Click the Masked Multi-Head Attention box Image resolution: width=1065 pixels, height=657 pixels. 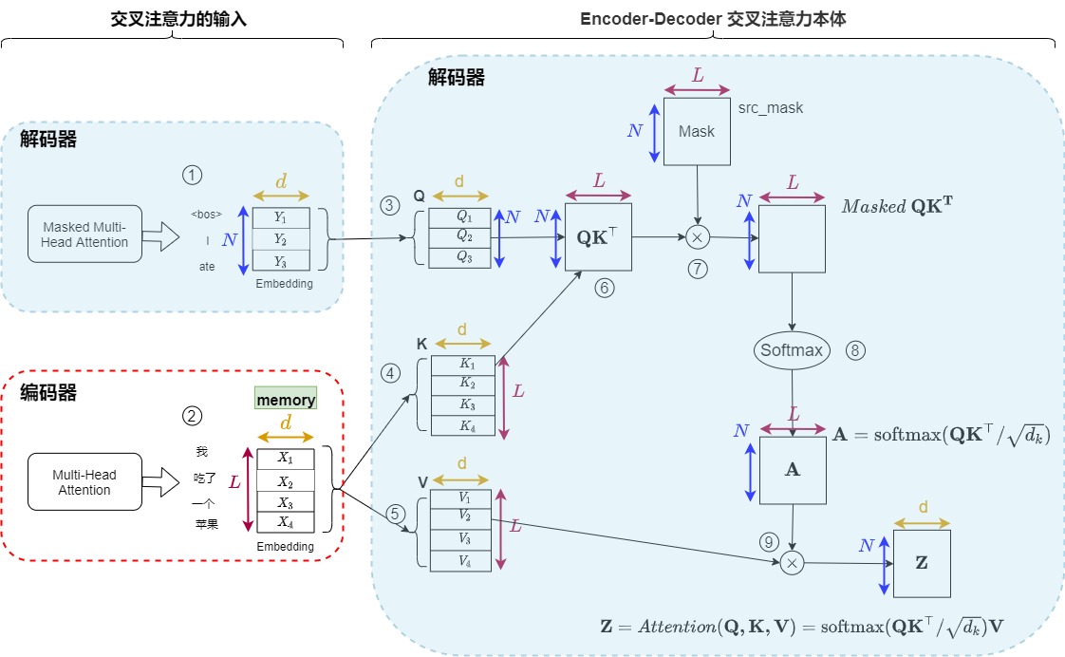click(x=84, y=235)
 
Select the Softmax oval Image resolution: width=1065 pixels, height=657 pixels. click(x=791, y=350)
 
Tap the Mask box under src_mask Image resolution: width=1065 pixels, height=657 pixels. click(x=698, y=132)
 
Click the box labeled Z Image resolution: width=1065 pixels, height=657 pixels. click(x=921, y=563)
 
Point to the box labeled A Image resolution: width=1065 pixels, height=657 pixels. click(x=793, y=469)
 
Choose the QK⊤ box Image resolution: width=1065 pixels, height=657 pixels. click(x=598, y=236)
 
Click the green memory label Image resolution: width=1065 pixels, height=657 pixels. click(x=286, y=401)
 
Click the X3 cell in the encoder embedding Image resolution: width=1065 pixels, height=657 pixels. click(x=286, y=502)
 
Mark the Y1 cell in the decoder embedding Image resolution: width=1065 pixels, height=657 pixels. click(x=280, y=218)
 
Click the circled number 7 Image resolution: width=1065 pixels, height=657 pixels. click(x=699, y=269)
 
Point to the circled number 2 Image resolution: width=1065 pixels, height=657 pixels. click(x=193, y=416)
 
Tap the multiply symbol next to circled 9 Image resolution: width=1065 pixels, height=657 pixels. click(x=792, y=564)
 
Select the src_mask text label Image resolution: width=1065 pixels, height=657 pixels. click(x=770, y=108)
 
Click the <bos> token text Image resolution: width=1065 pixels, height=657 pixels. click(x=206, y=215)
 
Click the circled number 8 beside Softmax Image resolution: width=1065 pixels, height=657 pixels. click(x=855, y=350)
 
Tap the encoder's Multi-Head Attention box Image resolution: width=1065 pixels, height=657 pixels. click(x=84, y=482)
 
